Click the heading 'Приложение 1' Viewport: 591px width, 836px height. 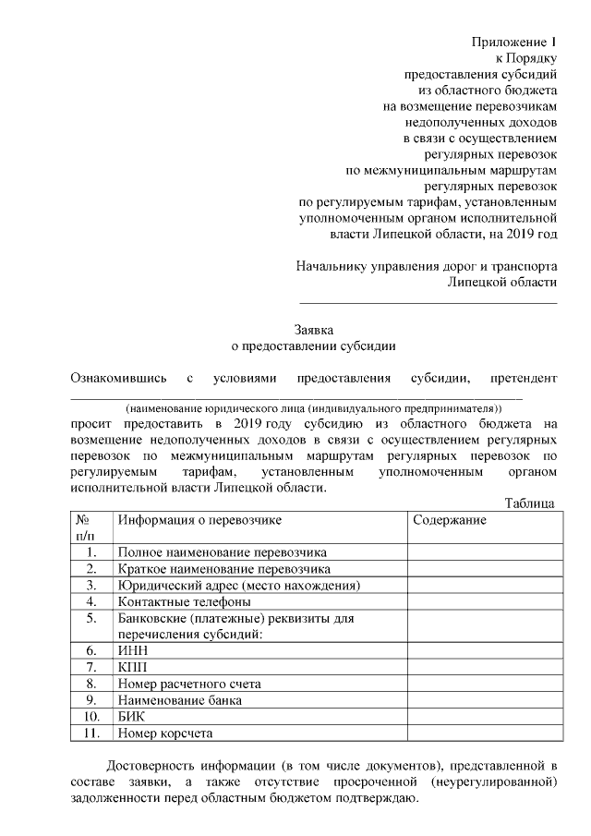tap(515, 42)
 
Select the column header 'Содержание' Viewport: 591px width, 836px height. tap(450, 520)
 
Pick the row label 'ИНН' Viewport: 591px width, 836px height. tap(133, 650)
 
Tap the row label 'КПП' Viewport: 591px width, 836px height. tap(133, 667)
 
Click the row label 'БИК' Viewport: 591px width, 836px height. tap(133, 717)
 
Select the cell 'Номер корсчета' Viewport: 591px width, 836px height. tap(164, 733)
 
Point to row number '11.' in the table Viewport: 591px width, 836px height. tap(90, 733)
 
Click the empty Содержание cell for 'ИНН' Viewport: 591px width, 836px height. tap(484, 650)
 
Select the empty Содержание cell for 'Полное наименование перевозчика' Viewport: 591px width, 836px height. tap(484, 552)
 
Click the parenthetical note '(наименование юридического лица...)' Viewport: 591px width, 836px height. tap(314, 406)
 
